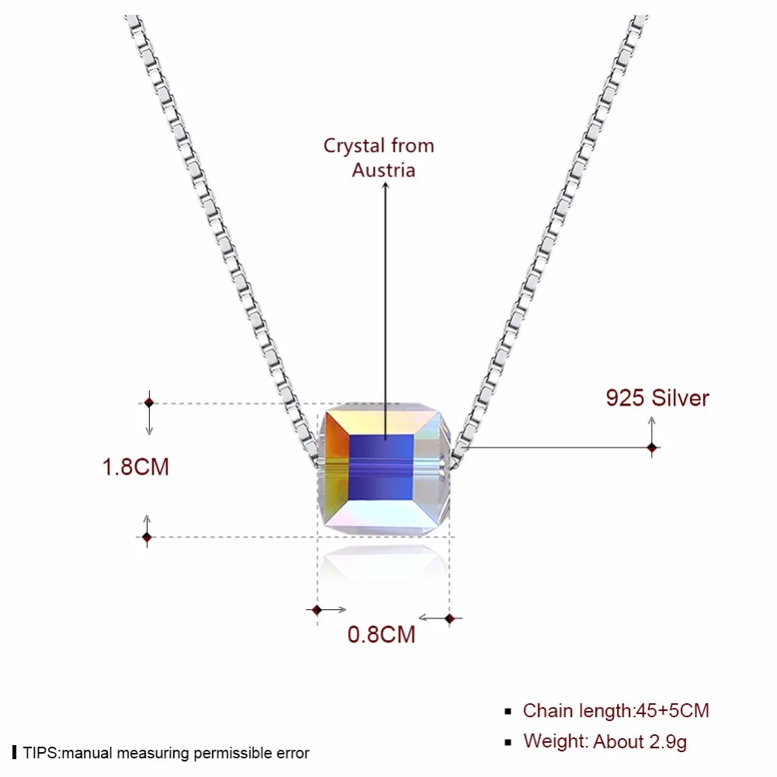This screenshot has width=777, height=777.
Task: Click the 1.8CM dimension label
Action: click(x=136, y=466)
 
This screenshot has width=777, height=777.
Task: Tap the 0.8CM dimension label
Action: click(x=382, y=634)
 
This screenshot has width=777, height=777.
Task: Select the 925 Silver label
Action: click(x=657, y=398)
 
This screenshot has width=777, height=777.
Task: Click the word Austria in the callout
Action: click(x=384, y=169)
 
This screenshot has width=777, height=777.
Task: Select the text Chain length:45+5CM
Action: click(x=615, y=710)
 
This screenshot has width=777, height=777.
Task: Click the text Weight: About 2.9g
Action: click(x=605, y=741)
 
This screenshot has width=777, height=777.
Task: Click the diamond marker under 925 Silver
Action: click(x=652, y=448)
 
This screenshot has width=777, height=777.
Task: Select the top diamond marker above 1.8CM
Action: click(x=148, y=402)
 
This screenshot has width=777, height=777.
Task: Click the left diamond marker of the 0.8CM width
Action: click(x=316, y=610)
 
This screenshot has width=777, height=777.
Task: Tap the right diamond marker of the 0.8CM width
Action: click(x=450, y=618)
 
